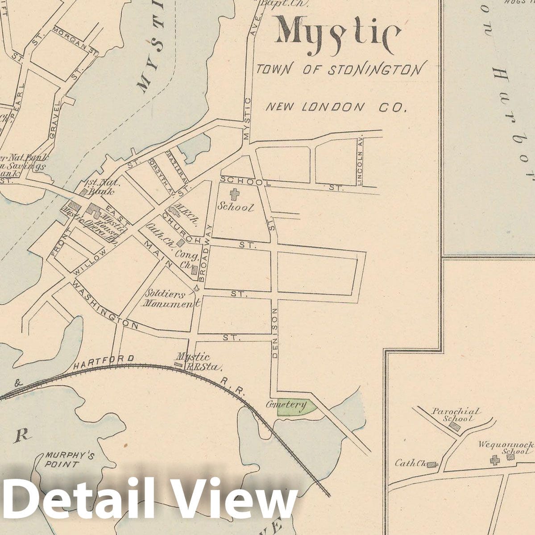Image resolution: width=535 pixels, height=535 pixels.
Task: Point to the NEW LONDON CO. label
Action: [x=336, y=107]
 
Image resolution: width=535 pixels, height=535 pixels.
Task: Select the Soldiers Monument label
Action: [x=170, y=299]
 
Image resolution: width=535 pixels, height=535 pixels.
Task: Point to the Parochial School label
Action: [x=456, y=415]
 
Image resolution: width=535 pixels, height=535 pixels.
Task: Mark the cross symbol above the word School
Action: [x=233, y=194]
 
